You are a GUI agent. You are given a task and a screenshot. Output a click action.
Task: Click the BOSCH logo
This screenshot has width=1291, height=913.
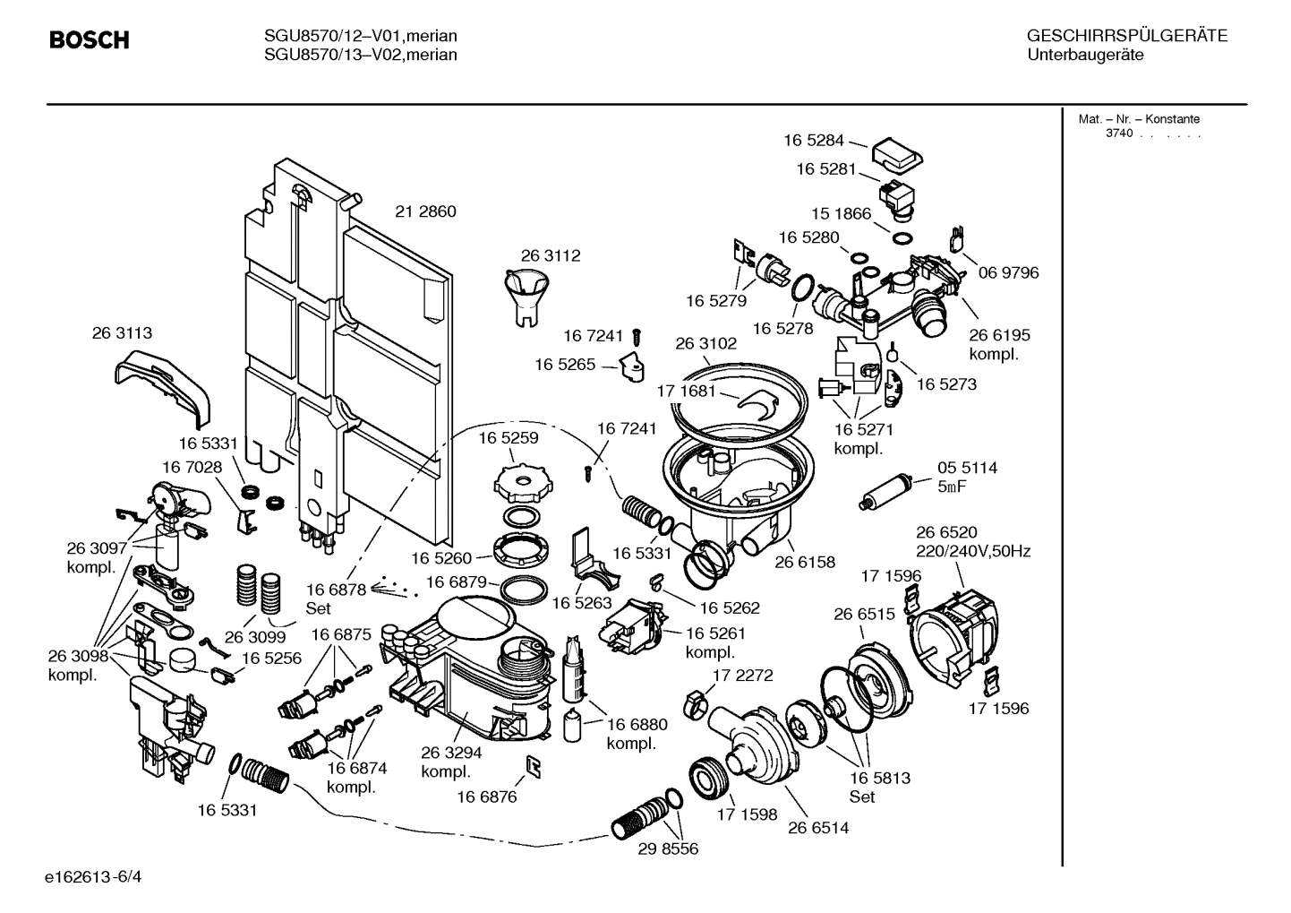tap(89, 40)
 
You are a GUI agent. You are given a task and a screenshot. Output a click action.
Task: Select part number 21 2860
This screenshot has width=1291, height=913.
tap(425, 212)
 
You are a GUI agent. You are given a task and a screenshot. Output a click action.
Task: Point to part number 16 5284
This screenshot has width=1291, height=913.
tap(814, 140)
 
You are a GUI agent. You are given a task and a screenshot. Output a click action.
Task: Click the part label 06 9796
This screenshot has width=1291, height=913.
tap(1008, 272)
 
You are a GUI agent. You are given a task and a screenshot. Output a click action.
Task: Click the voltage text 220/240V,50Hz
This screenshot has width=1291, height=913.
tap(972, 551)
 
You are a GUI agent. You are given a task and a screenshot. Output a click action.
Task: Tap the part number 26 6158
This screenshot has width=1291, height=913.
tap(804, 563)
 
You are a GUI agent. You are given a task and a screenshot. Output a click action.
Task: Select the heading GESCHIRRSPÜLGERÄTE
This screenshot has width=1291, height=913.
tap(1126, 37)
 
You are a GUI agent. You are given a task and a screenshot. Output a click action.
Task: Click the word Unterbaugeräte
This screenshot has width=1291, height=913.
tap(1085, 55)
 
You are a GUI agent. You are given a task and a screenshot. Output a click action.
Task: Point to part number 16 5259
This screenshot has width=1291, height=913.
tap(508, 438)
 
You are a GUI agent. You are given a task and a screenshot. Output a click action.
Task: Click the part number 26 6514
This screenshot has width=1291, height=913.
tap(818, 828)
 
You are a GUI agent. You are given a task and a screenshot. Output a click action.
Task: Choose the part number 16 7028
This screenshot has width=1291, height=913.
tap(192, 467)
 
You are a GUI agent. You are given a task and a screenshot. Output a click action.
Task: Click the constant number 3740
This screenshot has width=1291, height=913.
tap(1118, 134)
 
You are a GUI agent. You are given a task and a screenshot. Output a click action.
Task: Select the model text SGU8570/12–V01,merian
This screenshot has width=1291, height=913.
tap(360, 37)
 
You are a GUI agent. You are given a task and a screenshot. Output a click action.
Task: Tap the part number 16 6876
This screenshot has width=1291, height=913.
tap(486, 797)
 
